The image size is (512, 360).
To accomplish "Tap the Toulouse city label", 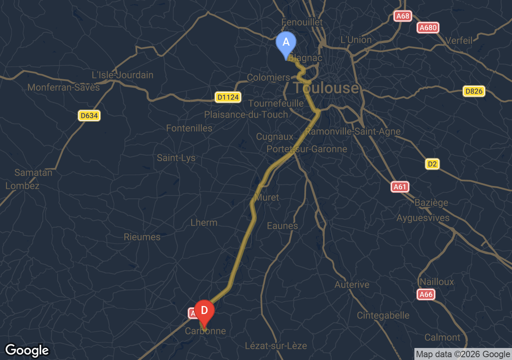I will click(x=326, y=88).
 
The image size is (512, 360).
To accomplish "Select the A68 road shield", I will click(x=402, y=16).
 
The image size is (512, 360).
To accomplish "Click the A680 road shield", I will click(x=428, y=28).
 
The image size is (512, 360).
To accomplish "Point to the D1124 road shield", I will click(x=228, y=97).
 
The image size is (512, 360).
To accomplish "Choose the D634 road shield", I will click(x=89, y=116).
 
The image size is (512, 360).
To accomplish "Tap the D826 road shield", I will click(x=474, y=91).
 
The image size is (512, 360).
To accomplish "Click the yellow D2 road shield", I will click(x=432, y=164).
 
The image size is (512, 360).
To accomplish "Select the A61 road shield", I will click(x=400, y=187).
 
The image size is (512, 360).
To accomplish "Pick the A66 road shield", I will click(x=426, y=295).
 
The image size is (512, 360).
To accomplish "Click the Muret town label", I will click(x=267, y=198).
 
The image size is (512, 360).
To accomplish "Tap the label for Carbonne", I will click(x=205, y=331).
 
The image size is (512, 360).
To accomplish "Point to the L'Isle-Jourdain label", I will click(x=122, y=75).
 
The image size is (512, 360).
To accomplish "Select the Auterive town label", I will click(x=352, y=285).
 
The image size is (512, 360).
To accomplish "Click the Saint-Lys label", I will click(x=176, y=158).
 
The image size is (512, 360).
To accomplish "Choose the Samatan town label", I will click(x=34, y=173).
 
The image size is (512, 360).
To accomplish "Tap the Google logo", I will click(x=27, y=350).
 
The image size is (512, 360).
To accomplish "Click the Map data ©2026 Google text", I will click(x=463, y=354).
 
